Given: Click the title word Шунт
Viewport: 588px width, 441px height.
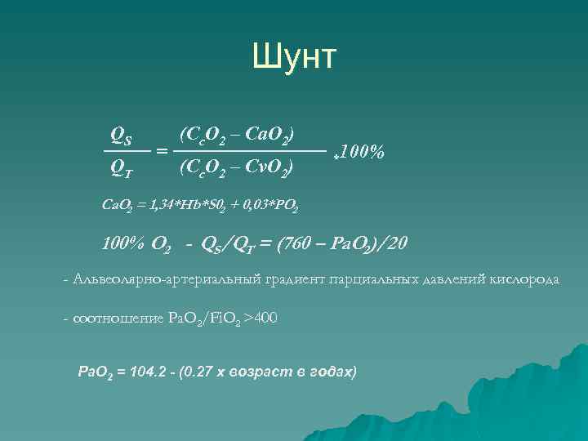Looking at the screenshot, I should (x=294, y=57).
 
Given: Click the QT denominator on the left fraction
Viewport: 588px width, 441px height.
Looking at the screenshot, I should (x=122, y=169).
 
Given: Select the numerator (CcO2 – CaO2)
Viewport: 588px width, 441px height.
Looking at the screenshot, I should (x=237, y=133).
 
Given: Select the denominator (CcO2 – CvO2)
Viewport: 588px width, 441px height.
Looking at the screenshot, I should (x=236, y=169).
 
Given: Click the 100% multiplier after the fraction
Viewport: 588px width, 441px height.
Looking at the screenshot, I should (x=359, y=152).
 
